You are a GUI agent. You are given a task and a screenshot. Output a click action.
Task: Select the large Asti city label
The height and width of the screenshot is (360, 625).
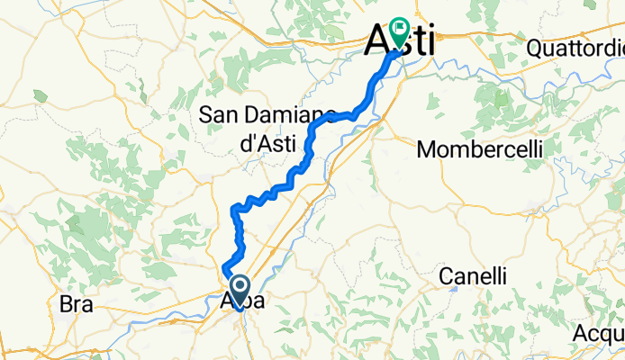(x=399, y=41)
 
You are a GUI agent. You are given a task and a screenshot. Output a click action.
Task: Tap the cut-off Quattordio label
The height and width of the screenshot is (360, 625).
(x=576, y=46)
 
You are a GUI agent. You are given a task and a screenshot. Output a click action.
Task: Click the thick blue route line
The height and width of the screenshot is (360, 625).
(x=309, y=144)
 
